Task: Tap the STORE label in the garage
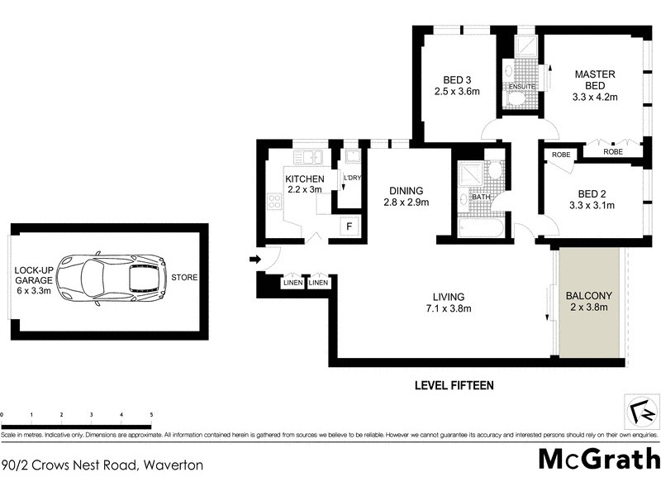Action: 184,277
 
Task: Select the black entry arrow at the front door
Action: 254,260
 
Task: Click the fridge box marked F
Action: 350,227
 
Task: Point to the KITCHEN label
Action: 304,179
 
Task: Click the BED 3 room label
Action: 457,85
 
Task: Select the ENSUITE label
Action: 522,86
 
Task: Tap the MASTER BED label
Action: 594,79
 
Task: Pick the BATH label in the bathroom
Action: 481,197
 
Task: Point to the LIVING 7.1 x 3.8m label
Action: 448,303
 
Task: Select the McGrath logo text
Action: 600,458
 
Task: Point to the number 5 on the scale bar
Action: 150,414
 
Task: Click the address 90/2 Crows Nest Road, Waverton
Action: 103,465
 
